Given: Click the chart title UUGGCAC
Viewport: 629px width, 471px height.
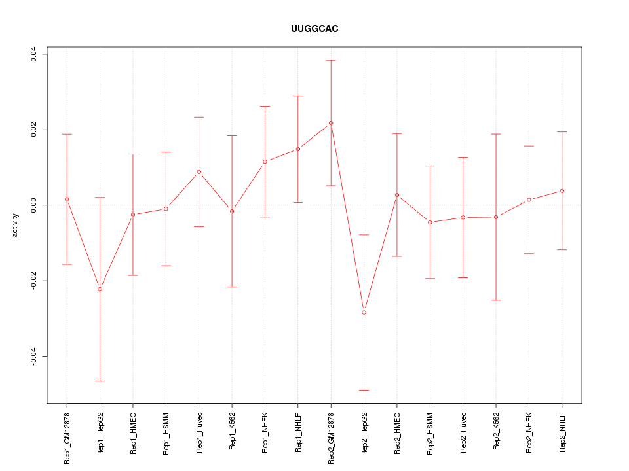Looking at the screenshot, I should point(314,29).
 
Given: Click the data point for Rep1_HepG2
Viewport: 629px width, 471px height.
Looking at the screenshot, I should point(100,289).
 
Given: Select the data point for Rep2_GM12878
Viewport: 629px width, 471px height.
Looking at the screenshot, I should point(331,123).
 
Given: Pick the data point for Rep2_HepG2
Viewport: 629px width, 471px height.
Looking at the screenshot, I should point(364,313).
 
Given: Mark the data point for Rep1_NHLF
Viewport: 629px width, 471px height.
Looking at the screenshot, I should point(298,149).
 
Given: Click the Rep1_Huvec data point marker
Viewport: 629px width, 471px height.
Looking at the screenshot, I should point(199,172).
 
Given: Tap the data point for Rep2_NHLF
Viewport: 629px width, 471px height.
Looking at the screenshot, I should point(562,191).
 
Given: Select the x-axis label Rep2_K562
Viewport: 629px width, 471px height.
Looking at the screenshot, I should point(496,432).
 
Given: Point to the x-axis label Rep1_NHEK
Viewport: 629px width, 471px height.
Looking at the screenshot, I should point(265,432).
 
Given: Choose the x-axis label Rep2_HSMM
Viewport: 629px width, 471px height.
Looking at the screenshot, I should point(430,433).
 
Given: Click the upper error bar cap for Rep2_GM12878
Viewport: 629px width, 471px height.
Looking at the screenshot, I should point(331,60).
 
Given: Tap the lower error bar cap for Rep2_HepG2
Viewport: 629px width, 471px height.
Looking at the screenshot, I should point(364,390).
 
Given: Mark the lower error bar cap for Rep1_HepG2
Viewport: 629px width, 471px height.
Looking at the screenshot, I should point(100,381).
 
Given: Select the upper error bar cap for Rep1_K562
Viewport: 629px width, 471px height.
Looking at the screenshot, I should point(232,135).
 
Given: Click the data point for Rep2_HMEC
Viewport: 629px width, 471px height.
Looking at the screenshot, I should point(397,195).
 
